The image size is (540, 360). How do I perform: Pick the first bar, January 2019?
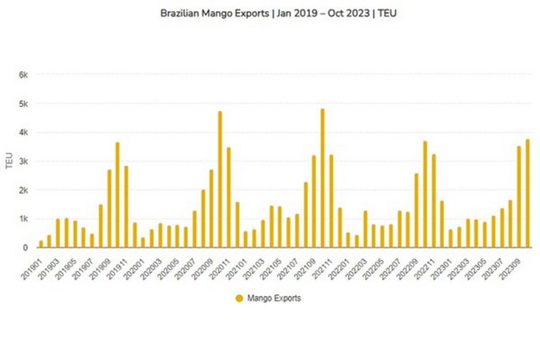pos(41,243)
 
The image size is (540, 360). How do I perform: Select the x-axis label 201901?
pos(32,266)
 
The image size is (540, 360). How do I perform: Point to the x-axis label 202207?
pos(392,266)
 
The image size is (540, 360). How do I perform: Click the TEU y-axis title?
pos(9,162)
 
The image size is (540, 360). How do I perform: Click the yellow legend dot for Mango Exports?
pos(240,299)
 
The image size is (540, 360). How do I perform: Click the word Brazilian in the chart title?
pos(180,15)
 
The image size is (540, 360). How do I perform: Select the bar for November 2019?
pos(126,207)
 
